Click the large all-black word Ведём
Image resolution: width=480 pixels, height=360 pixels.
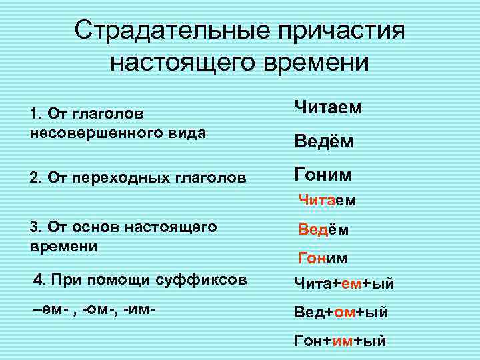click(x=323, y=142)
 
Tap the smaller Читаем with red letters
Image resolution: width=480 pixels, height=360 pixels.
click(x=327, y=199)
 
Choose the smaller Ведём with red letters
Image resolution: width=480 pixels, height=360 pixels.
click(x=323, y=229)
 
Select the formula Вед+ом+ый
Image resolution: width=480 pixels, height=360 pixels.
click(x=341, y=312)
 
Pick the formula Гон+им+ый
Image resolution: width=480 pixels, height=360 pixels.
click(x=340, y=341)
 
